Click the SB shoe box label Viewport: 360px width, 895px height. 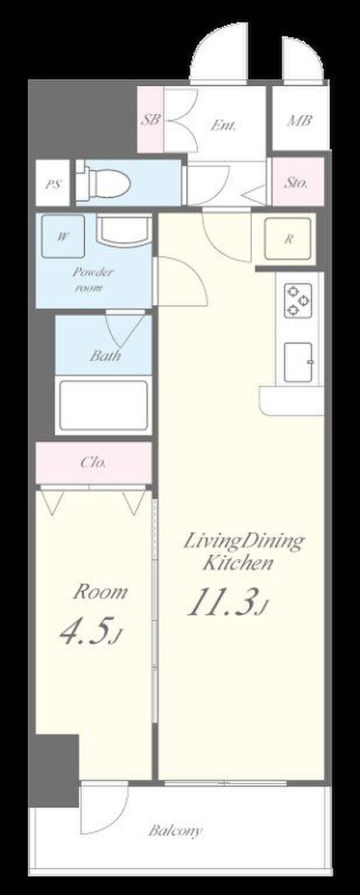point(151,119)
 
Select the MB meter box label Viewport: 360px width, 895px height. point(299,121)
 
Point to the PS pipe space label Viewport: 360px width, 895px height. point(53,184)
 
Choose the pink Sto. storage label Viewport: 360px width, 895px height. point(296,183)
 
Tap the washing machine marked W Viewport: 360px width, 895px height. point(63,237)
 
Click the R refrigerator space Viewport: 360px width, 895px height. point(288,238)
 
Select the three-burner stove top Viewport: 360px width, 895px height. point(298,300)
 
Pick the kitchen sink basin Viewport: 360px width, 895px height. point(298,362)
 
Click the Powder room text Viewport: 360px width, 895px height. point(92,279)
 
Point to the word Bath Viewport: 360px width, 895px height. point(105,355)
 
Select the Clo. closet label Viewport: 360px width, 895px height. point(94,463)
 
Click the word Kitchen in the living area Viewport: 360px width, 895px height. point(238,563)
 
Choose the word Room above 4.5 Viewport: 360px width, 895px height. point(100,591)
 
